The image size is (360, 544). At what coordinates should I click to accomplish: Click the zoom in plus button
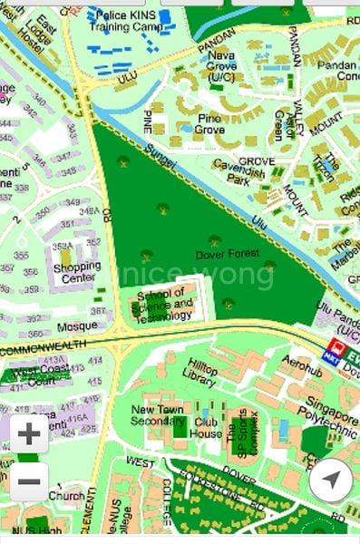[x=29, y=434]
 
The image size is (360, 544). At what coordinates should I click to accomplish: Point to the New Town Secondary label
[x=159, y=414]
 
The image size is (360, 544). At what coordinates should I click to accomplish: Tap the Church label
[x=66, y=496]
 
